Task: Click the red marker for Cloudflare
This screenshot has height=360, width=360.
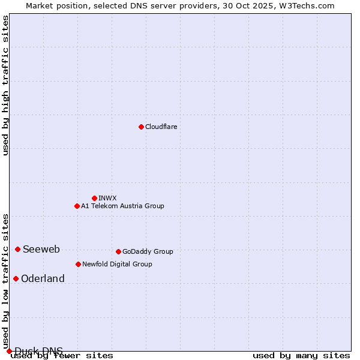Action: [141, 127]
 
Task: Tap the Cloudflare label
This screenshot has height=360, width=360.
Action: [161, 127]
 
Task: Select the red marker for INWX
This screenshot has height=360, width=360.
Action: [94, 198]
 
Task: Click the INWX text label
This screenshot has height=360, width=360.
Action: [107, 198]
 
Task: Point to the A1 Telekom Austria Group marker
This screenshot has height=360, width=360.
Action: [77, 206]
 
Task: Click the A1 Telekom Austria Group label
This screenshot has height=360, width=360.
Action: [122, 206]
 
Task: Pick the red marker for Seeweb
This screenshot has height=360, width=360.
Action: [17, 249]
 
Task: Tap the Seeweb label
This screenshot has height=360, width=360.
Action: [41, 250]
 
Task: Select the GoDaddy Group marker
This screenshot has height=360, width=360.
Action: [118, 251]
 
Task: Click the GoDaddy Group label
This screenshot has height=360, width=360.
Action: [148, 251]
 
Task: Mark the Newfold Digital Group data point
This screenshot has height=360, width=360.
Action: [78, 264]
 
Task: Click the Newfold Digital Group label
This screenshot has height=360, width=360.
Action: [117, 264]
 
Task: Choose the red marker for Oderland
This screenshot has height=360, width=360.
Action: [16, 278]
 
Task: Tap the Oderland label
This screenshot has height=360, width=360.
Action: [43, 279]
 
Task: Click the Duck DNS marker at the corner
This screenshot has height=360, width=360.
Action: [9, 351]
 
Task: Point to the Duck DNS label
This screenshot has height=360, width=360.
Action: [38, 351]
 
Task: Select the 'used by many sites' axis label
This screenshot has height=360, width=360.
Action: [301, 356]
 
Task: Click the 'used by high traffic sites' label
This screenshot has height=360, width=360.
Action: [5, 85]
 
